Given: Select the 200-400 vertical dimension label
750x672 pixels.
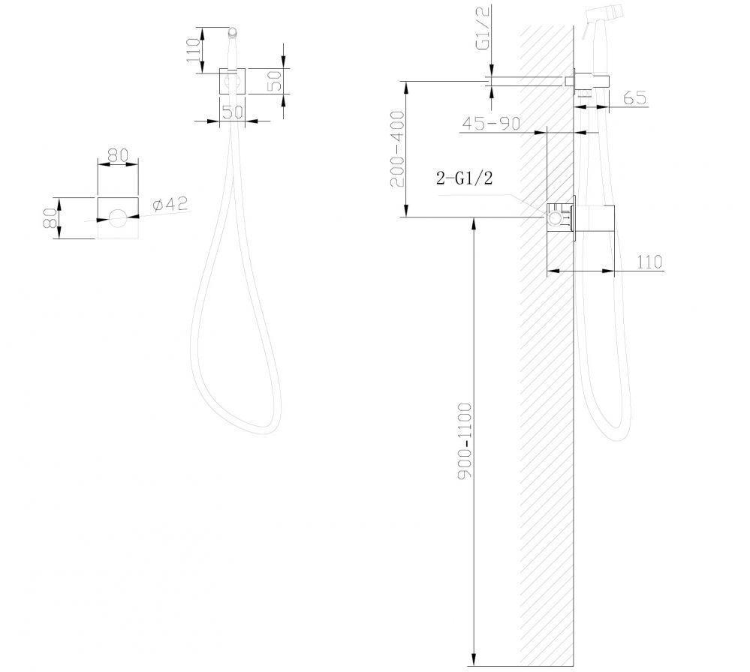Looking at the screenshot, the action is point(398,149).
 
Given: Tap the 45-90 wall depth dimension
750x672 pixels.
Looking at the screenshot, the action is point(491,123).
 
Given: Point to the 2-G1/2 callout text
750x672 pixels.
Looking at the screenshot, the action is point(464,178).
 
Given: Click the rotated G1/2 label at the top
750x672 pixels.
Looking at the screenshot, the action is point(483,34).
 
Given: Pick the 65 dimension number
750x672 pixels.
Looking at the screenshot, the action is point(635,97).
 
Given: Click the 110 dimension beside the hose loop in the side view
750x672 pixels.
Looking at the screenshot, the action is point(649,262).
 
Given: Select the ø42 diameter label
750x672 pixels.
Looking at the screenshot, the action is point(170,204).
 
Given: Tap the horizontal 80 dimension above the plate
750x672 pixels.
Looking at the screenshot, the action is point(118,155).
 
